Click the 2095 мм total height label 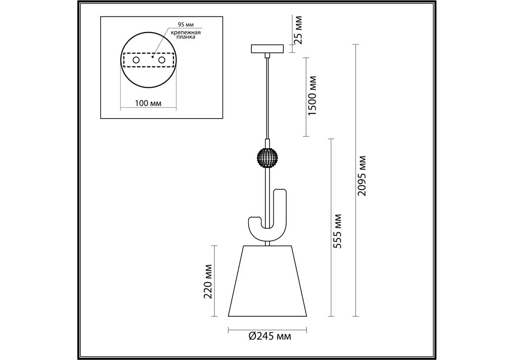tap(362, 176)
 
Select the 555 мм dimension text tap(337, 231)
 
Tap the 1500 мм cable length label tap(312, 96)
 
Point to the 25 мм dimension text tap(298, 30)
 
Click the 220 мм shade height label tap(208, 282)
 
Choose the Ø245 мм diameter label tap(270, 336)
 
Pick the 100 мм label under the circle tap(148, 103)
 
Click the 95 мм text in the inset tap(186, 24)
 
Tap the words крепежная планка tap(186, 35)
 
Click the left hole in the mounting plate tap(136, 60)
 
